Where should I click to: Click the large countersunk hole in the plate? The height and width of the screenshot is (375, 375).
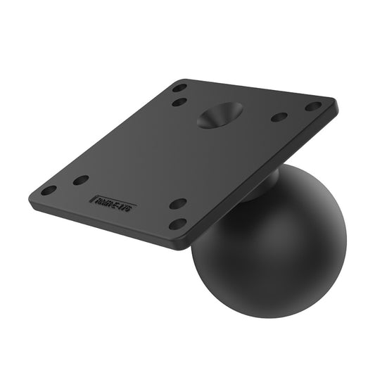point(220,115)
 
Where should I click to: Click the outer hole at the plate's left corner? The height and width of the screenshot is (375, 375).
point(49,190)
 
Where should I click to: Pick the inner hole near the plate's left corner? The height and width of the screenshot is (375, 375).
point(81,180)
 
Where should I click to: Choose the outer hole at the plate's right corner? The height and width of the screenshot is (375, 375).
point(313,106)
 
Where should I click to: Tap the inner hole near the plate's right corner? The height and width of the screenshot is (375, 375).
point(279,117)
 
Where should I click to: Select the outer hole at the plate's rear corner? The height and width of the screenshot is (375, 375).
point(180,88)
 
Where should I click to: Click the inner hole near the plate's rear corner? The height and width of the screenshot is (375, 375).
point(180,102)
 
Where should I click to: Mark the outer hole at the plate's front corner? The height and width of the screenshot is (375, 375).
point(179,224)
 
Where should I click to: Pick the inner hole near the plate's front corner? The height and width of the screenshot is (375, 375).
point(179,204)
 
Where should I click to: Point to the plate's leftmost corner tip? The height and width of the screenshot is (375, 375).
point(30,195)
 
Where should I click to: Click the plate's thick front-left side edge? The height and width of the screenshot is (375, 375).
point(106,222)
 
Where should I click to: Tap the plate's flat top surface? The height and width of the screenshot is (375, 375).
point(162,155)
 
